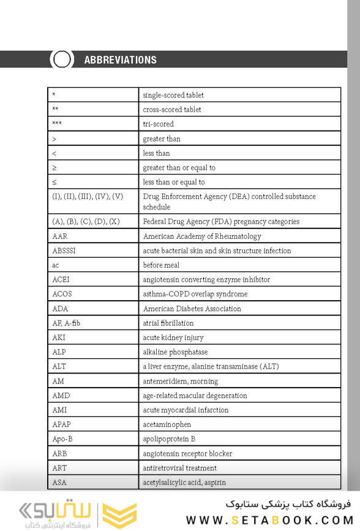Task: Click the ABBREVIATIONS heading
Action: click(x=120, y=59)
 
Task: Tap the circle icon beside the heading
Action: click(x=61, y=59)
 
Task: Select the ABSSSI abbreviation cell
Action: click(x=64, y=250)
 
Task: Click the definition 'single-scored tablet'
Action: click(x=173, y=95)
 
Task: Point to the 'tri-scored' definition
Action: click(x=158, y=124)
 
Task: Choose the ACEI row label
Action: click(x=61, y=279)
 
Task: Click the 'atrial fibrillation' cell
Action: click(x=168, y=323)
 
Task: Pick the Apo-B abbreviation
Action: click(x=62, y=439)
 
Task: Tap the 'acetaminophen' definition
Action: click(x=167, y=424)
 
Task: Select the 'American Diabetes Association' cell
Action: click(x=192, y=309)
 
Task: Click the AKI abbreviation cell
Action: click(x=59, y=337)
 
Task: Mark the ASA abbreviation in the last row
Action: click(x=59, y=483)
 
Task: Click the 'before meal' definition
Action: click(x=161, y=265)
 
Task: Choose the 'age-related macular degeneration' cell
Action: click(x=195, y=396)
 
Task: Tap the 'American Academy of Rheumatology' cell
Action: click(x=201, y=236)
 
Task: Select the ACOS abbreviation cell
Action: click(x=62, y=294)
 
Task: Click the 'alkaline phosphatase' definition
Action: click(x=175, y=352)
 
